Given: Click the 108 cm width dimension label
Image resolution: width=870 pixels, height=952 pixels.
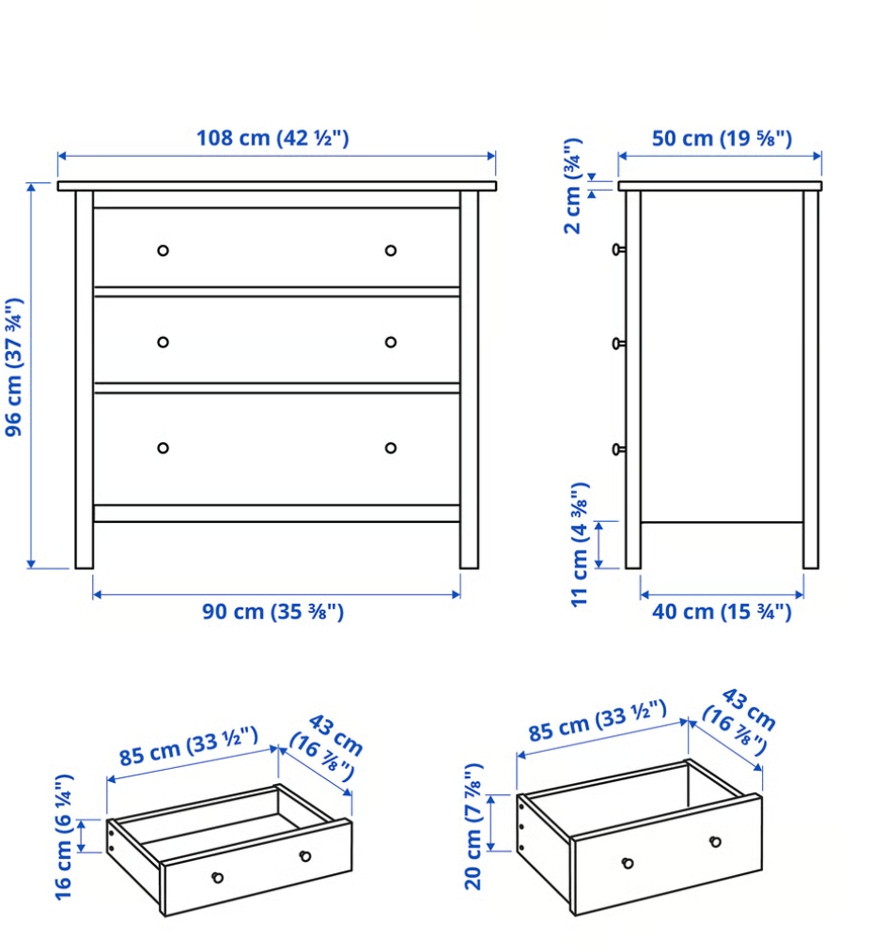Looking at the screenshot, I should [272, 138].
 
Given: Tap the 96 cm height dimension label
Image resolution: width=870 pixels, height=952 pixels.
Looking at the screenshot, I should [14, 367].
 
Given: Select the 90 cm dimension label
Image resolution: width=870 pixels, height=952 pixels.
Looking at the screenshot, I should [273, 612].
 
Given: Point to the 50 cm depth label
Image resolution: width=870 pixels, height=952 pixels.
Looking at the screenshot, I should [722, 139].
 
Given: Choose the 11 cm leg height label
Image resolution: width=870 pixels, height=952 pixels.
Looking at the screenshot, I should [580, 544].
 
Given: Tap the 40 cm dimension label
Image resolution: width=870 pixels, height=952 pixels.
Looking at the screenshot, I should [722, 612].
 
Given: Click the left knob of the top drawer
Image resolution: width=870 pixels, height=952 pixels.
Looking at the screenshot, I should [163, 251].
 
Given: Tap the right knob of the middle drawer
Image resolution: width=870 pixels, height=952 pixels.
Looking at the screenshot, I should [391, 342].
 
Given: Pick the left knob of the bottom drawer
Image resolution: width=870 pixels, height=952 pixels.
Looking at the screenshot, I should [163, 448].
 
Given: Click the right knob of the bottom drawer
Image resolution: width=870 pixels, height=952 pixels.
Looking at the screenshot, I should [391, 448].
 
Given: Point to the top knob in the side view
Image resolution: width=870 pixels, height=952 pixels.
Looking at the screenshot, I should [618, 249].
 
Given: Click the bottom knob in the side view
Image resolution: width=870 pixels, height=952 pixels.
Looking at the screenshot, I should [618, 450].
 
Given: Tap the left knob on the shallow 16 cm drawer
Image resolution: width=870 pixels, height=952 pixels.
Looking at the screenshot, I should [218, 878].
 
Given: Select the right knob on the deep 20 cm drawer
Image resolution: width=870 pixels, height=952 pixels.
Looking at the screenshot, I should [715, 841].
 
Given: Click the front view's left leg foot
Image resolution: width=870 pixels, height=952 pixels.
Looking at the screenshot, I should [85, 560].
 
